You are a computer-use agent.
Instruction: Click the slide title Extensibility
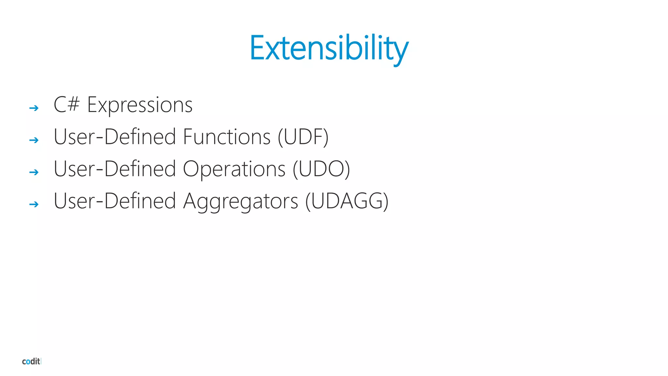[329, 48]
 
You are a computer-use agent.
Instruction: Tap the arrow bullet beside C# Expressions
[34, 108]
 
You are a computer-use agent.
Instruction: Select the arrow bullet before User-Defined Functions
[34, 140]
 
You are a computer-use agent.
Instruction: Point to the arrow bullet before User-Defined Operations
[34, 172]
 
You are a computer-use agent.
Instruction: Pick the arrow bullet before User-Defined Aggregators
[34, 205]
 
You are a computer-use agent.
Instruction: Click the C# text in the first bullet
[67, 105]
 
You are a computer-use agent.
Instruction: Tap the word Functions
[227, 137]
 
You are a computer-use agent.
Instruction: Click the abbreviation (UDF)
[303, 137]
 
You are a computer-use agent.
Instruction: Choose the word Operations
[234, 169]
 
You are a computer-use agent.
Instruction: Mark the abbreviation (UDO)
[321, 169]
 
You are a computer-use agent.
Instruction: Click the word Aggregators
[241, 201]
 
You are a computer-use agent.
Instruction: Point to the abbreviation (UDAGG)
[347, 201]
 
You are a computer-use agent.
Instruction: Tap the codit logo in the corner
[31, 361]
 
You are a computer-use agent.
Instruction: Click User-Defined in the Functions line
[115, 137]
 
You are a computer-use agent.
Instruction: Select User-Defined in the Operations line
[115, 169]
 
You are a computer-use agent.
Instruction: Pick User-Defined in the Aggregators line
[115, 201]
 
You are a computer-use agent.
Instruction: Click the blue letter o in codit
[28, 362]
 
